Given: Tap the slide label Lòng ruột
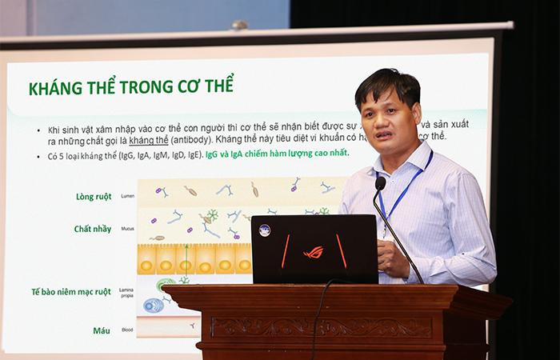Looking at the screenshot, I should [93, 195].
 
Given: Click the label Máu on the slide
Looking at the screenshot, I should [101, 329].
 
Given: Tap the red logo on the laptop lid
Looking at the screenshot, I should [313, 252].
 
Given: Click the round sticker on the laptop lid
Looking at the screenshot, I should [264, 230].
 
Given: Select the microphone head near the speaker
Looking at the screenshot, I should [380, 183].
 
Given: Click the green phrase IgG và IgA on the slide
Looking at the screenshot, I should [228, 154].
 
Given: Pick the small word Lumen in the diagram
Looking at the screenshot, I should [127, 196].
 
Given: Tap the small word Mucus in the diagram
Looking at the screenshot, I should [126, 230].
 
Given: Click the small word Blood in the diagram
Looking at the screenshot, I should [126, 330].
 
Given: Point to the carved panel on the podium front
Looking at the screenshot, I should [321, 327].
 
